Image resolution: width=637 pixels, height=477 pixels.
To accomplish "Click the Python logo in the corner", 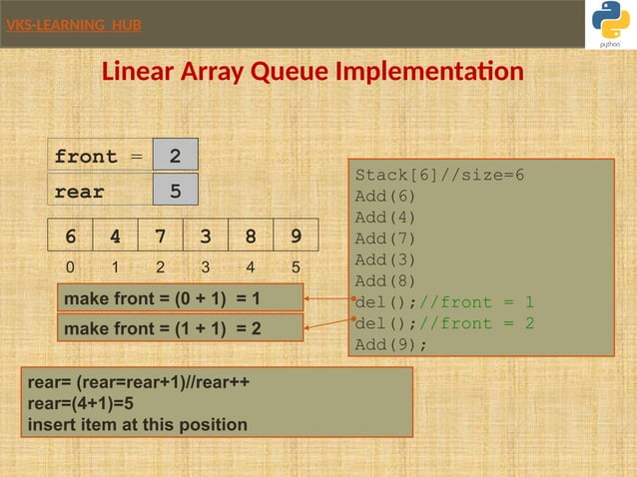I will [610, 22].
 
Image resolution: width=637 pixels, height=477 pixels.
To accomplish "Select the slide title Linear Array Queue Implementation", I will [313, 73].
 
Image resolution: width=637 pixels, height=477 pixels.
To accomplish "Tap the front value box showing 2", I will [175, 156].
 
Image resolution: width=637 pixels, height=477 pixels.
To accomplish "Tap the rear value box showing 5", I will [175, 191].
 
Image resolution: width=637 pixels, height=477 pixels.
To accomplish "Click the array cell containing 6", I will [71, 238].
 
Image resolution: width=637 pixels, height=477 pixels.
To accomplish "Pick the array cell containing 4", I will [116, 238].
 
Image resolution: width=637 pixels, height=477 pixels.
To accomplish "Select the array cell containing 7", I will [161, 238].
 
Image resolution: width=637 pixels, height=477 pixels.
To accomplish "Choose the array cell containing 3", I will [206, 238].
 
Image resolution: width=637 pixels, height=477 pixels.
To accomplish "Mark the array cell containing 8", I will [251, 238].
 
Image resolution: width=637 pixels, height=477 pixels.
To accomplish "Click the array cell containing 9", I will [296, 238].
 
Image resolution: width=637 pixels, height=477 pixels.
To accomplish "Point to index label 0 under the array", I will [70, 267].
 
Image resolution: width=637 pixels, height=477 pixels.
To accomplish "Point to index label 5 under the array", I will [296, 267].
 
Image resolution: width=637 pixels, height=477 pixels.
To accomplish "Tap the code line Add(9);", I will [390, 344].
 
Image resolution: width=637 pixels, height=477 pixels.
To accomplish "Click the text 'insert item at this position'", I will [138, 424].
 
